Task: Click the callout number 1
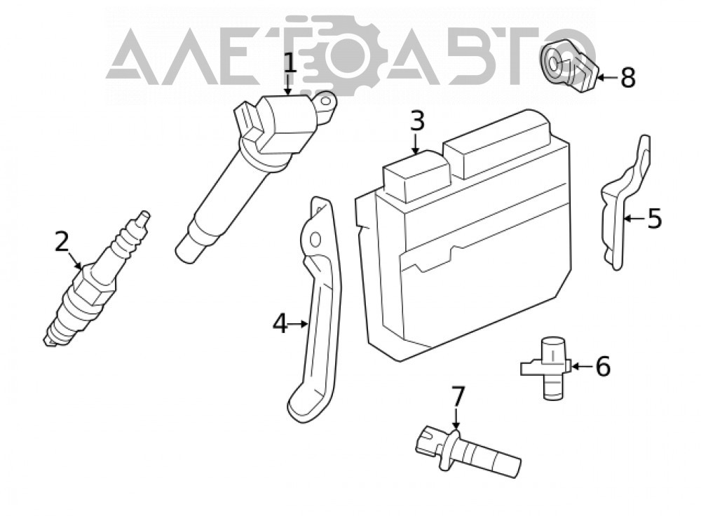[290, 63]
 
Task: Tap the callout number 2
[62, 241]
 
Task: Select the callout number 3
[416, 121]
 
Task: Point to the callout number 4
[280, 323]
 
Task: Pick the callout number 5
[655, 219]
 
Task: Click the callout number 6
[602, 366]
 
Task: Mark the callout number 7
[457, 396]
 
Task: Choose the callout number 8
[627, 77]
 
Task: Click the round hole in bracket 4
[315, 240]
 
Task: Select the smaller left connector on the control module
[416, 177]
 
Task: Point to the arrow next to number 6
[581, 367]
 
